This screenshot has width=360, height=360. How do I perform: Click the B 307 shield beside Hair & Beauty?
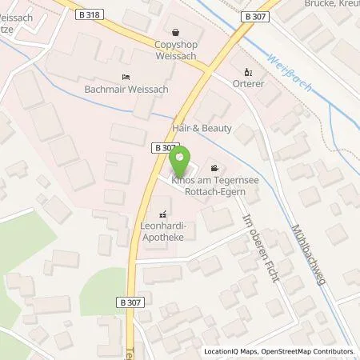162,147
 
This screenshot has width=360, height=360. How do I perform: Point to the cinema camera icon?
214,168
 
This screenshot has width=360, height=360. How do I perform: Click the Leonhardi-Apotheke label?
164,231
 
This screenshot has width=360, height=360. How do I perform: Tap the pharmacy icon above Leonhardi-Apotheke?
164,214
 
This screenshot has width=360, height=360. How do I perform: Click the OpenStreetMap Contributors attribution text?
310,351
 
